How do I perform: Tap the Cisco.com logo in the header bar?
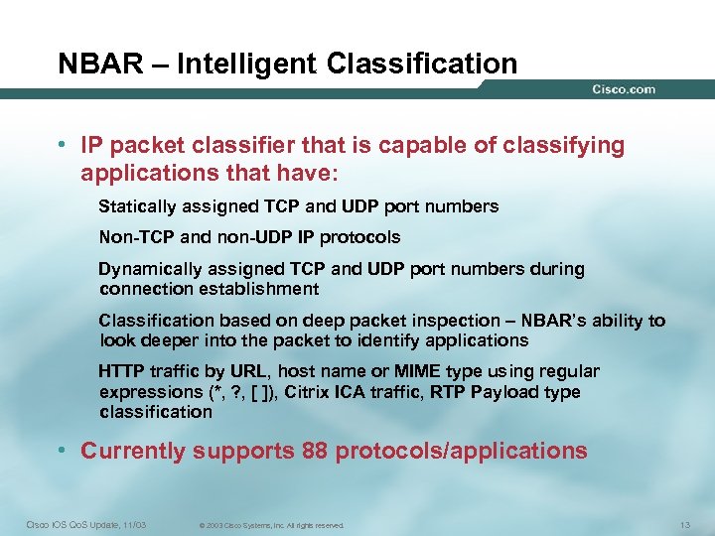pos(624,89)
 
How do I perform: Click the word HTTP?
pos(119,371)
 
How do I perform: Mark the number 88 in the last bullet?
pos(311,451)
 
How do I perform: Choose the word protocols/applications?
pos(461,451)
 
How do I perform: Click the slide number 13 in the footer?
pos(682,524)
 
